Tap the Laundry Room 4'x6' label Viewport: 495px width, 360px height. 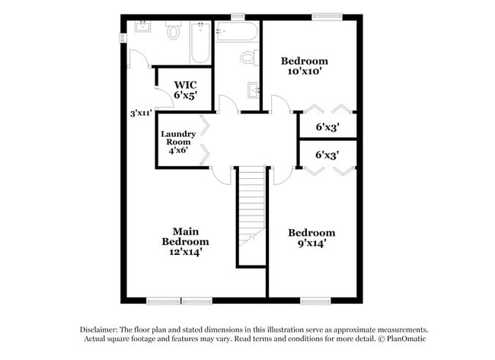(x=178, y=142)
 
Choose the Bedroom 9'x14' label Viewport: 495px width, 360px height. (x=312, y=238)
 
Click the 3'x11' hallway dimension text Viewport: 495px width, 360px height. (x=140, y=113)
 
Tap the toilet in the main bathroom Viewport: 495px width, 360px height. (x=173, y=32)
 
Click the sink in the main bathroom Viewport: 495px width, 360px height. (x=143, y=28)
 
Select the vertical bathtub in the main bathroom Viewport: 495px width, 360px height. (x=199, y=42)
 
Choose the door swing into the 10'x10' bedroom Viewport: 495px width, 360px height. (x=279, y=104)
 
